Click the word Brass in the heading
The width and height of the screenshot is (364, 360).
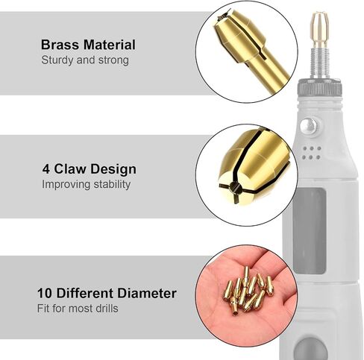tap(60, 45)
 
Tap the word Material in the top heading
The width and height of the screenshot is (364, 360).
tap(110, 45)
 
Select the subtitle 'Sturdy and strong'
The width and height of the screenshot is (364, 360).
tap(85, 60)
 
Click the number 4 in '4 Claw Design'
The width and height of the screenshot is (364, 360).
tap(46, 169)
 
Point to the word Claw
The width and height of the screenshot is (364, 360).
tap(70, 169)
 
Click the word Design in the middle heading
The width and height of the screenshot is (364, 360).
tap(113, 169)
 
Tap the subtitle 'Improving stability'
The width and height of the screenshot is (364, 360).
tap(86, 184)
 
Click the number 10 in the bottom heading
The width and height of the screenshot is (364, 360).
tap(45, 293)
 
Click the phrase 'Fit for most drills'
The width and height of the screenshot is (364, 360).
tap(78, 309)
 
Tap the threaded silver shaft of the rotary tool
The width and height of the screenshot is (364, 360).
tap(320, 63)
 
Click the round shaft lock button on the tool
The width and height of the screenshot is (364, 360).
tap(309, 126)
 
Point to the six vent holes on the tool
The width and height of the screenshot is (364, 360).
tap(312, 153)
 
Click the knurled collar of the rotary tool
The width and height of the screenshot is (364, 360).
tap(319, 87)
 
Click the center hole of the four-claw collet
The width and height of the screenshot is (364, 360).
tap(234, 186)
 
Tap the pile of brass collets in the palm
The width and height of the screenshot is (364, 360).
tap(248, 290)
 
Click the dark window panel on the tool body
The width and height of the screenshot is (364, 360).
tap(310, 230)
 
